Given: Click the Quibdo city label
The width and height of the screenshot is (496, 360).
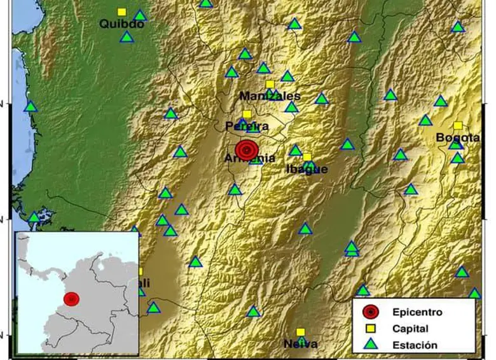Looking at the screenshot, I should [121, 25].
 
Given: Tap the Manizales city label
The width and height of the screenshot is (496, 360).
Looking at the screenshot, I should [270, 96].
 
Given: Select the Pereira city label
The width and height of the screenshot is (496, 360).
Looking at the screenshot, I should [247, 126].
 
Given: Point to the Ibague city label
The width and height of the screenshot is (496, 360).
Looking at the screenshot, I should [307, 169].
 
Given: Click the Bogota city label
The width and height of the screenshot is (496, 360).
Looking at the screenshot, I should [457, 138].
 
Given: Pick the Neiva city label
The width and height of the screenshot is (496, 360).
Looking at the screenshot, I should [300, 344].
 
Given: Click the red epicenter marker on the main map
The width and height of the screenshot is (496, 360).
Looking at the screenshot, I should [247, 150].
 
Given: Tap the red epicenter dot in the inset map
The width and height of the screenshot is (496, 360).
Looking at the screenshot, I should [71, 299].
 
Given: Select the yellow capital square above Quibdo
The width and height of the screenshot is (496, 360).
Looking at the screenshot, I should [121, 11].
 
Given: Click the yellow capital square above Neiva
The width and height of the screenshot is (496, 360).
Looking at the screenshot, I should [300, 332].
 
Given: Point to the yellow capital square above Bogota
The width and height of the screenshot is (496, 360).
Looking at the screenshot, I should [457, 126].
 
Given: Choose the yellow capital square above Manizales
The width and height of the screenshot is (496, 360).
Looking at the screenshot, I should [270, 84].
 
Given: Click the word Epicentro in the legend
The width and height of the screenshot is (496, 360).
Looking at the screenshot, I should [417, 312].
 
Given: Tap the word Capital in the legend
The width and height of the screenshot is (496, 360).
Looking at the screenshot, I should [410, 329].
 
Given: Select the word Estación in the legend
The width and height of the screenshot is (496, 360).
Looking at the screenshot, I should [415, 345].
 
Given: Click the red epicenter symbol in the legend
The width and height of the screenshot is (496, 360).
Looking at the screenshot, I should [370, 312].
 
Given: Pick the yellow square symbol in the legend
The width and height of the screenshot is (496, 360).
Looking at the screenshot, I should [370, 329].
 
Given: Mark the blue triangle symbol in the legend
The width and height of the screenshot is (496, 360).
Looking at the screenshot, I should [370, 345].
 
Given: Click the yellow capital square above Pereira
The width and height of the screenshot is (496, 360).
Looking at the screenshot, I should [247, 114].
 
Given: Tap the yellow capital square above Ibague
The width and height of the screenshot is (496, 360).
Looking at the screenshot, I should [307, 157].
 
